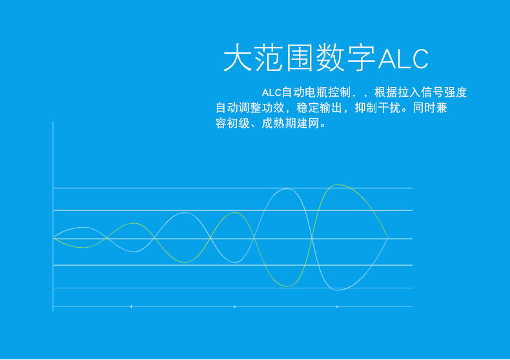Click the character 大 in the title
coord(238,58)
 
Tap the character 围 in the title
coord(300,58)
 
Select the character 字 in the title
coord(362,58)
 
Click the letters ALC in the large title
coord(403,59)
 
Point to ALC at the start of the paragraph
coord(271,93)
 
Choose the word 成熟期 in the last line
coord(279,123)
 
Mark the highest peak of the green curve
coord(338,185)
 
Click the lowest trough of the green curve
coord(287,286)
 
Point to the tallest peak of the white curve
coord(286,189)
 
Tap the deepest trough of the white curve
coord(338,290)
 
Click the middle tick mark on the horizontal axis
coord(235,306)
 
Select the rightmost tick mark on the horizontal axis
coord(337,306)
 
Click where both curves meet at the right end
coord(387,237)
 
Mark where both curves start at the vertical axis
coord(54,239)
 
